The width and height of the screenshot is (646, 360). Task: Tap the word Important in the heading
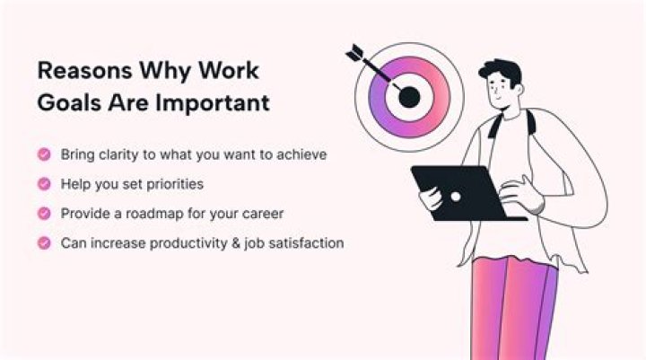click(214, 102)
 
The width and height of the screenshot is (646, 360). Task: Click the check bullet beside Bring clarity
click(43, 154)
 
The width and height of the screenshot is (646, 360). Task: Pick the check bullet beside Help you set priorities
click(43, 184)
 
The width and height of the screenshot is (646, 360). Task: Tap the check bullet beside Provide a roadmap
click(43, 214)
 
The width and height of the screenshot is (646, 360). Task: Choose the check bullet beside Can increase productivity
click(43, 243)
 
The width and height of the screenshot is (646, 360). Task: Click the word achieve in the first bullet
click(301, 154)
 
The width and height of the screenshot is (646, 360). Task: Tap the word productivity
click(179, 243)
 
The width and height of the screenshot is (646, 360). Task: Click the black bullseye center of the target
click(409, 97)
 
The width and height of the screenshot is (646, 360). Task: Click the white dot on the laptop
click(455, 196)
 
